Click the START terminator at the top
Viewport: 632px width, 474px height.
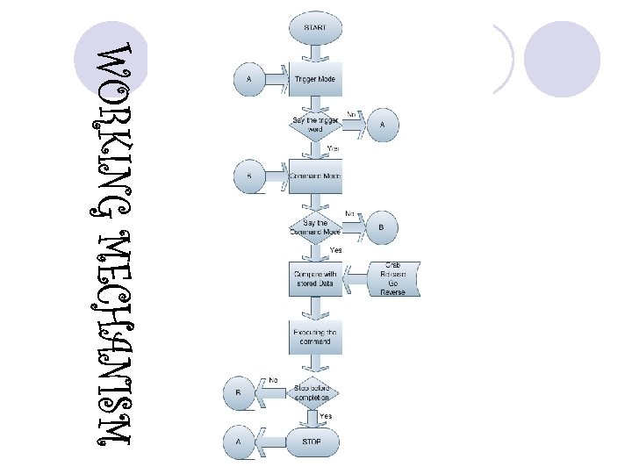click(x=315, y=28)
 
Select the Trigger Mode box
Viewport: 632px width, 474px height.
click(x=315, y=79)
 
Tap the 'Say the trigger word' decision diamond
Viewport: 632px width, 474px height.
click(x=315, y=125)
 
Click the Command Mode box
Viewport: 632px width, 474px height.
click(x=315, y=176)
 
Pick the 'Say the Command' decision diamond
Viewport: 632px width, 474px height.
click(x=315, y=227)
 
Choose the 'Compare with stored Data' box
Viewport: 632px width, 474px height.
click(x=315, y=278)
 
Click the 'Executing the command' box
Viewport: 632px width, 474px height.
click(x=315, y=337)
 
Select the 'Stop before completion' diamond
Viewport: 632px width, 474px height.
click(x=315, y=392)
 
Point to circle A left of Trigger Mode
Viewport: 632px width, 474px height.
click(x=248, y=79)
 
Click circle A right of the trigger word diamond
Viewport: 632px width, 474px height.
click(x=382, y=125)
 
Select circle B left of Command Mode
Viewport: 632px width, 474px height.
click(x=248, y=176)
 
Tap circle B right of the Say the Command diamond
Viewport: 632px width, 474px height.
click(x=382, y=227)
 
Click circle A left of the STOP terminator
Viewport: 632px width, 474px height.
click(x=239, y=444)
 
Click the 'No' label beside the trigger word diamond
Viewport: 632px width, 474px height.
click(x=351, y=114)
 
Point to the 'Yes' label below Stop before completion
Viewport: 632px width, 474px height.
click(x=326, y=415)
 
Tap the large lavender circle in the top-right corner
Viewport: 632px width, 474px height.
click(x=561, y=59)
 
